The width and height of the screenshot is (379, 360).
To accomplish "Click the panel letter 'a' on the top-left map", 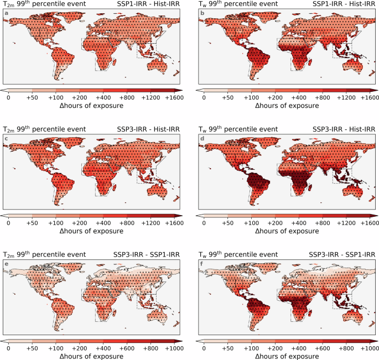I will coord(7,22).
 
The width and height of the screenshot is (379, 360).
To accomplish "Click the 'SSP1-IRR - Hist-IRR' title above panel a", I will coord(148,5).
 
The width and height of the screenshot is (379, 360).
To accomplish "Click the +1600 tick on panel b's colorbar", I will coord(367,97).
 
